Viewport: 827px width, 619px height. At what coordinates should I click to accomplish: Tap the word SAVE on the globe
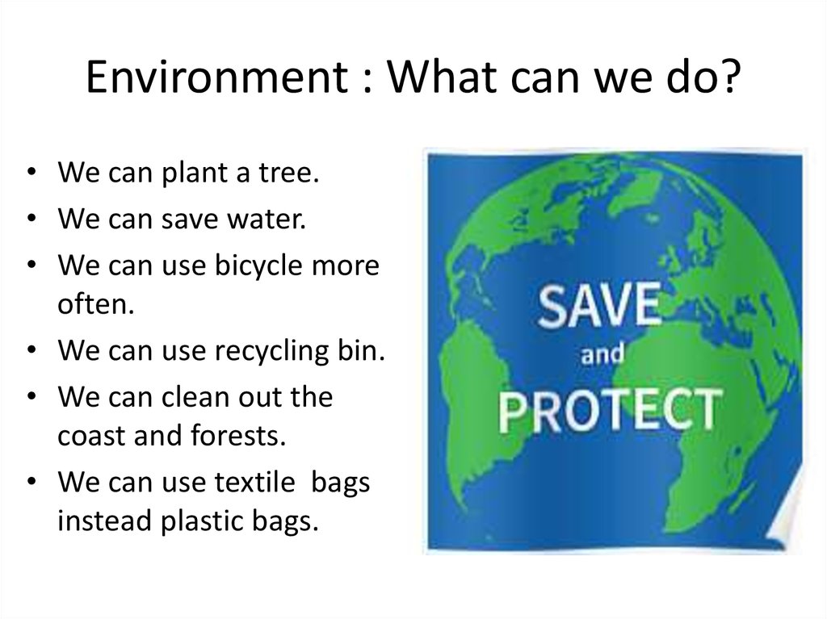click(x=600, y=309)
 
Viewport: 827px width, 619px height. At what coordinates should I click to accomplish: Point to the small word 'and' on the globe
click(x=603, y=357)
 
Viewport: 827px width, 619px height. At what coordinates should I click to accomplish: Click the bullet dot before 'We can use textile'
click(x=31, y=483)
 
